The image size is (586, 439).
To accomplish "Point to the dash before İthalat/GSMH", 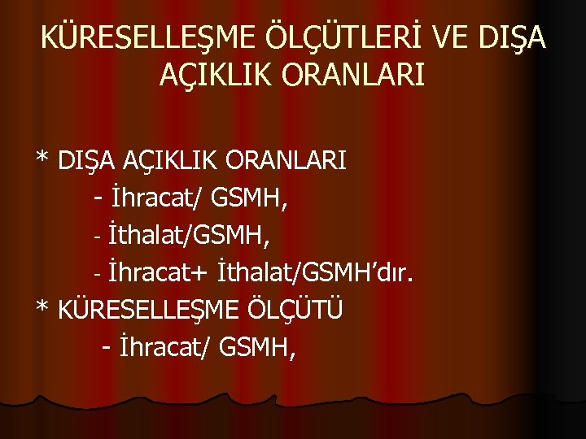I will (97, 237).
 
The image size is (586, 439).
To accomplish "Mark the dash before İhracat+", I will (97, 274).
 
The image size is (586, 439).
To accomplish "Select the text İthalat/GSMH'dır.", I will (317, 273).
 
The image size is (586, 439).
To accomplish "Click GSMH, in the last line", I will (258, 348).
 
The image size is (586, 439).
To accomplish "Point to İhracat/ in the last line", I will (165, 348).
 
